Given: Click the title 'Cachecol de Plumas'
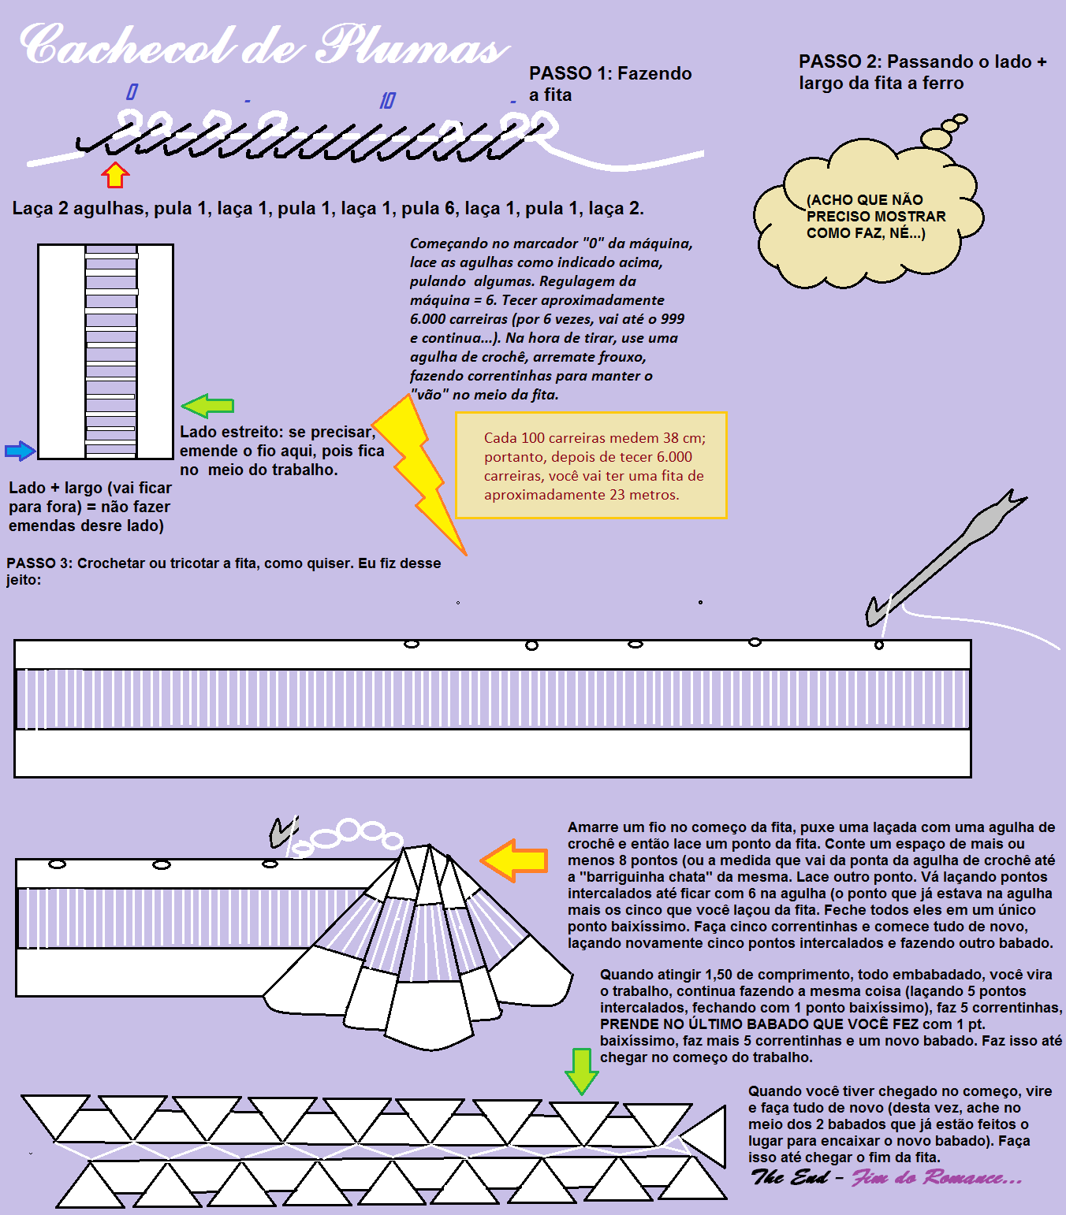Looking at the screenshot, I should tap(264, 46).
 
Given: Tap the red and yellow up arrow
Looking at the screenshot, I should tap(115, 176).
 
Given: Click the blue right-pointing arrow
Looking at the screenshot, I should tap(20, 451).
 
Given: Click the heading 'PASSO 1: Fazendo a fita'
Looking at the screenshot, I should tap(609, 84).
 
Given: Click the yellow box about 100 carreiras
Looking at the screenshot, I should tap(591, 466).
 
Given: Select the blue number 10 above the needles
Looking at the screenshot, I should tap(387, 100).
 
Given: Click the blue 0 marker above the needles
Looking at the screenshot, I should tap(132, 92).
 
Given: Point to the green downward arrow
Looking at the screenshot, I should tap(582, 1071).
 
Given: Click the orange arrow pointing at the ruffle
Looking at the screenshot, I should tap(516, 860).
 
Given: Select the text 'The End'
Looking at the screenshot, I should tap(789, 1177).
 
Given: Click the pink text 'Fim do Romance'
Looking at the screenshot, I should tap(937, 1178).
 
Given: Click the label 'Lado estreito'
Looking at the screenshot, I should tap(230, 432).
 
